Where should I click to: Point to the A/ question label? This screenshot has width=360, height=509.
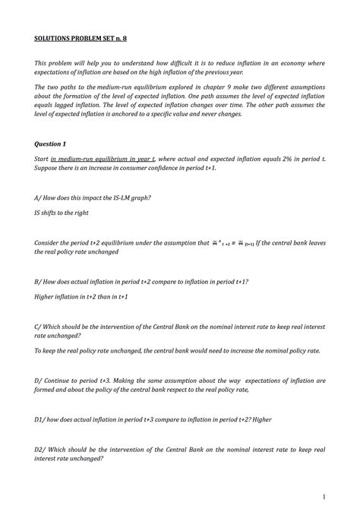coord(39,198)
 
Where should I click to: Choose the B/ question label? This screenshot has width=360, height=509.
coord(39,281)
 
